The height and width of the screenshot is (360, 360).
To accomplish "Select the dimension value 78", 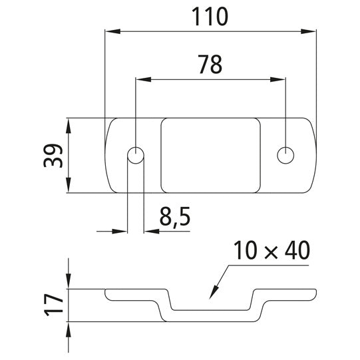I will pos(210,65).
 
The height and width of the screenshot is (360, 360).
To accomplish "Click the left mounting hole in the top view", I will pos(135,155).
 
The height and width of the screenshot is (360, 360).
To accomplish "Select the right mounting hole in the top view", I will pos(286,154).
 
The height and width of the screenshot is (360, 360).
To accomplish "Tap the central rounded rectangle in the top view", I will pos(210,155).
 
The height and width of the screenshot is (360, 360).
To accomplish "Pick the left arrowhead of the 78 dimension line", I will pos(140,79).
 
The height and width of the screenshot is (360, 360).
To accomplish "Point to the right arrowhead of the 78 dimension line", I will pos(281,79).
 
